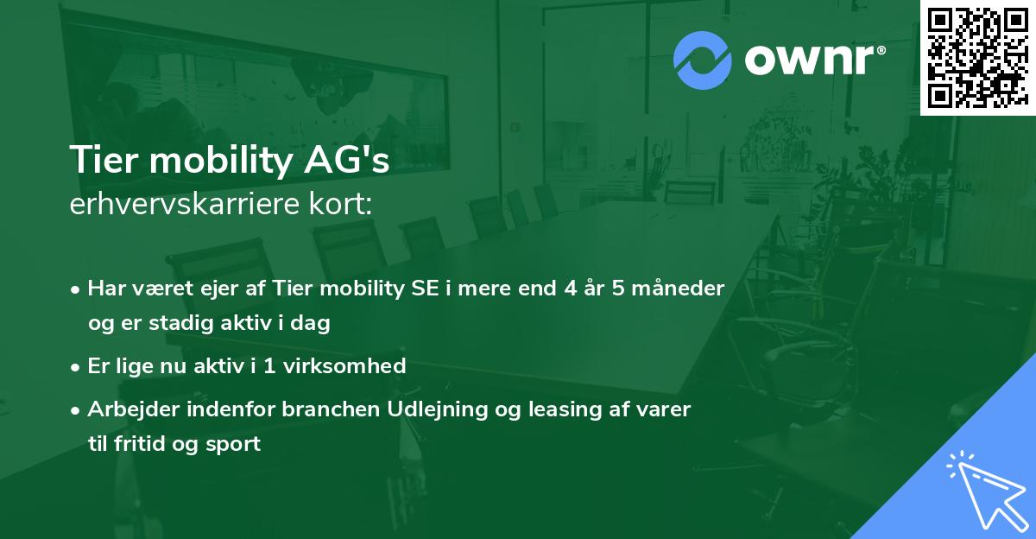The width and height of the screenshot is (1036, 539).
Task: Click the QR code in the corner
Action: click(977, 58)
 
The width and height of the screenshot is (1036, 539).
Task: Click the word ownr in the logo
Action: click(813, 61)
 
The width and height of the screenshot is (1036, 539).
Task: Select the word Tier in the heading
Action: click(102, 161)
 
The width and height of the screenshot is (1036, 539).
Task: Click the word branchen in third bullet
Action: click(322, 409)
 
